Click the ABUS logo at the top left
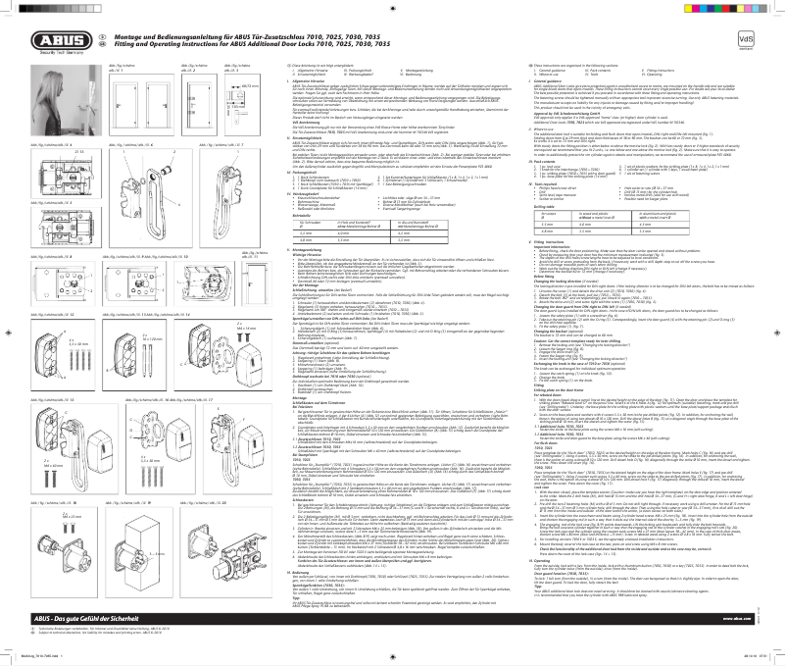(x=44, y=40)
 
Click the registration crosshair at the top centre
(x=392, y=8)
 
